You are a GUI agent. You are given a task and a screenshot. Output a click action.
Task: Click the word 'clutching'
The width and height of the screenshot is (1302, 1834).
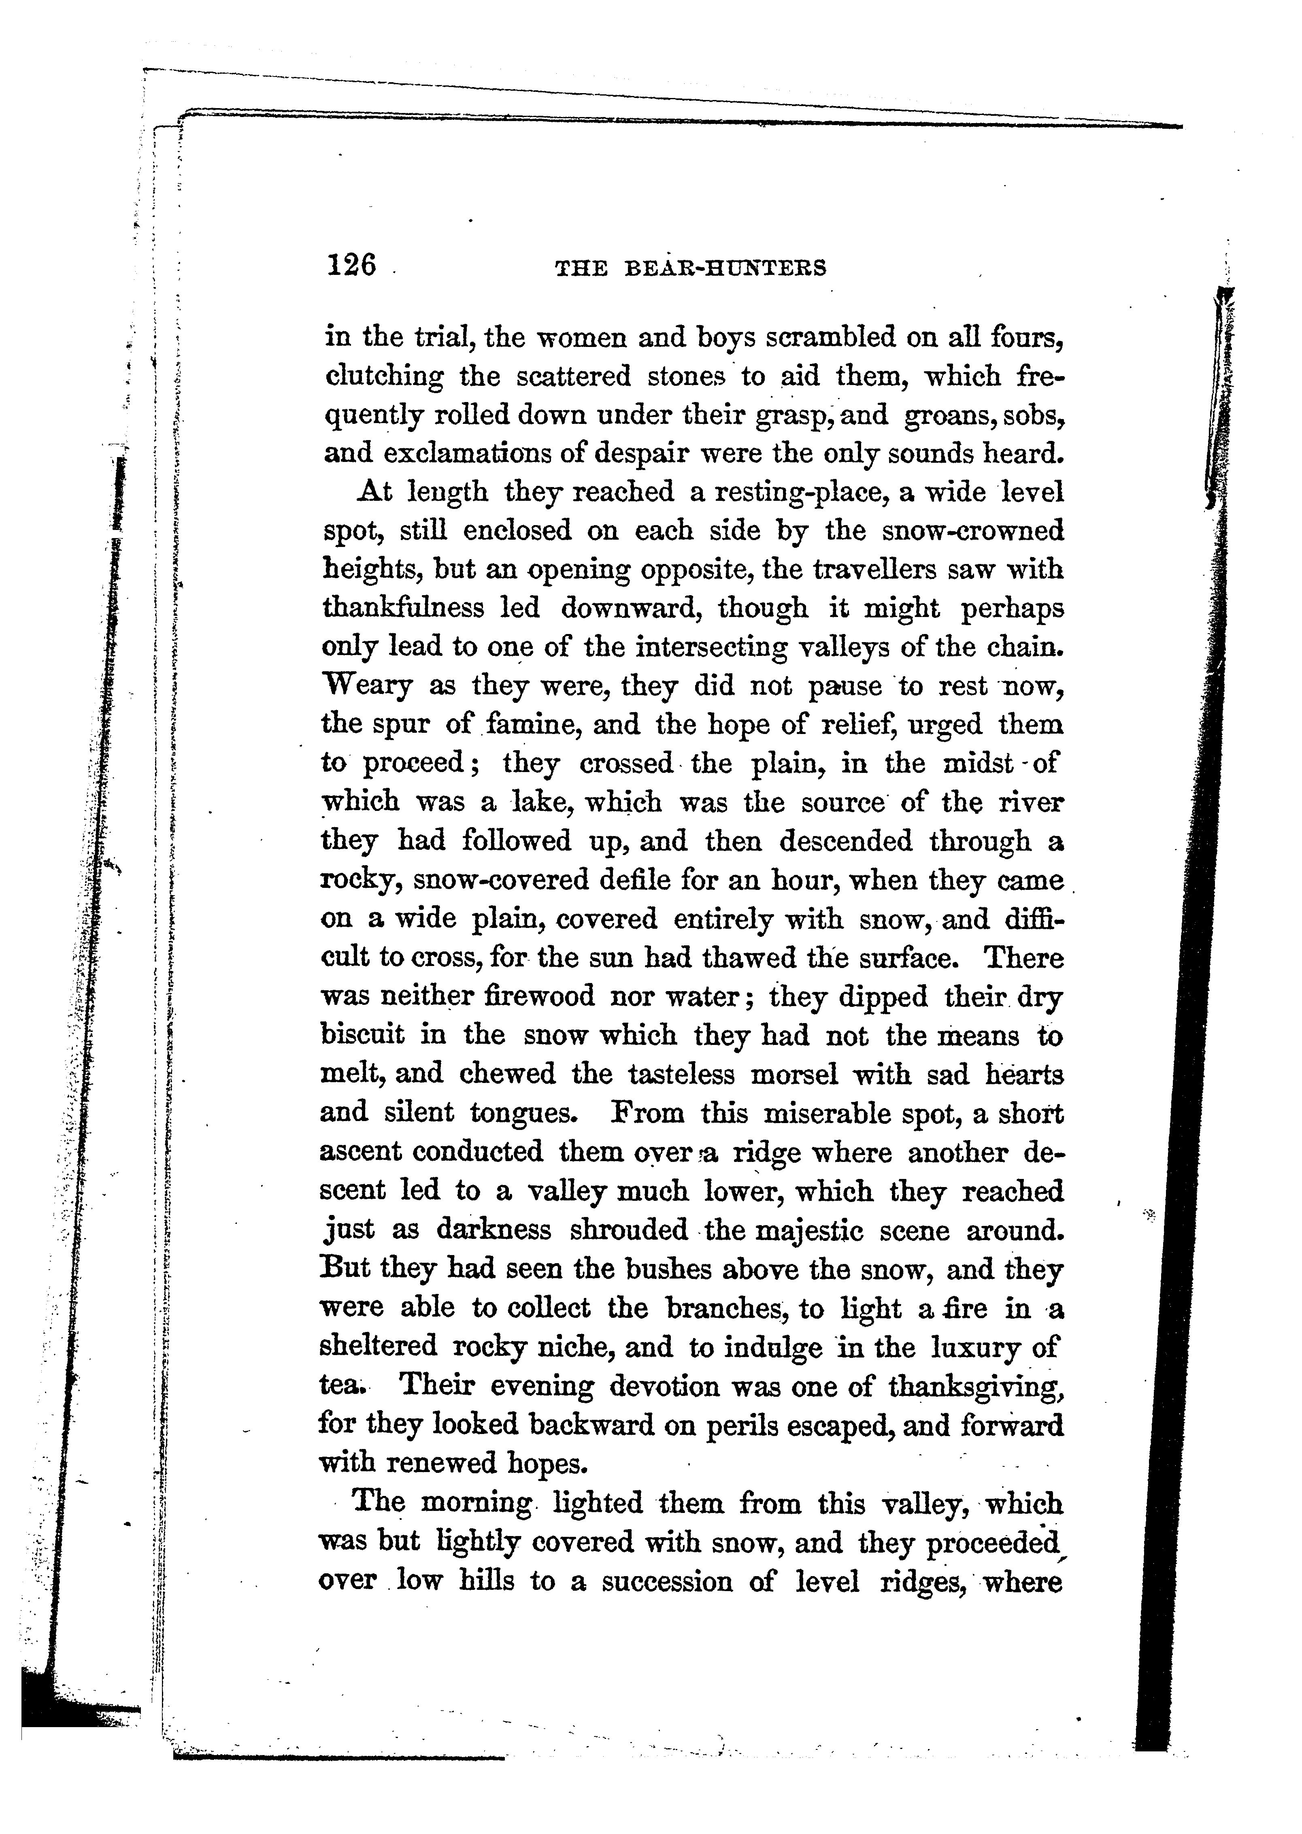coord(383,377)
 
